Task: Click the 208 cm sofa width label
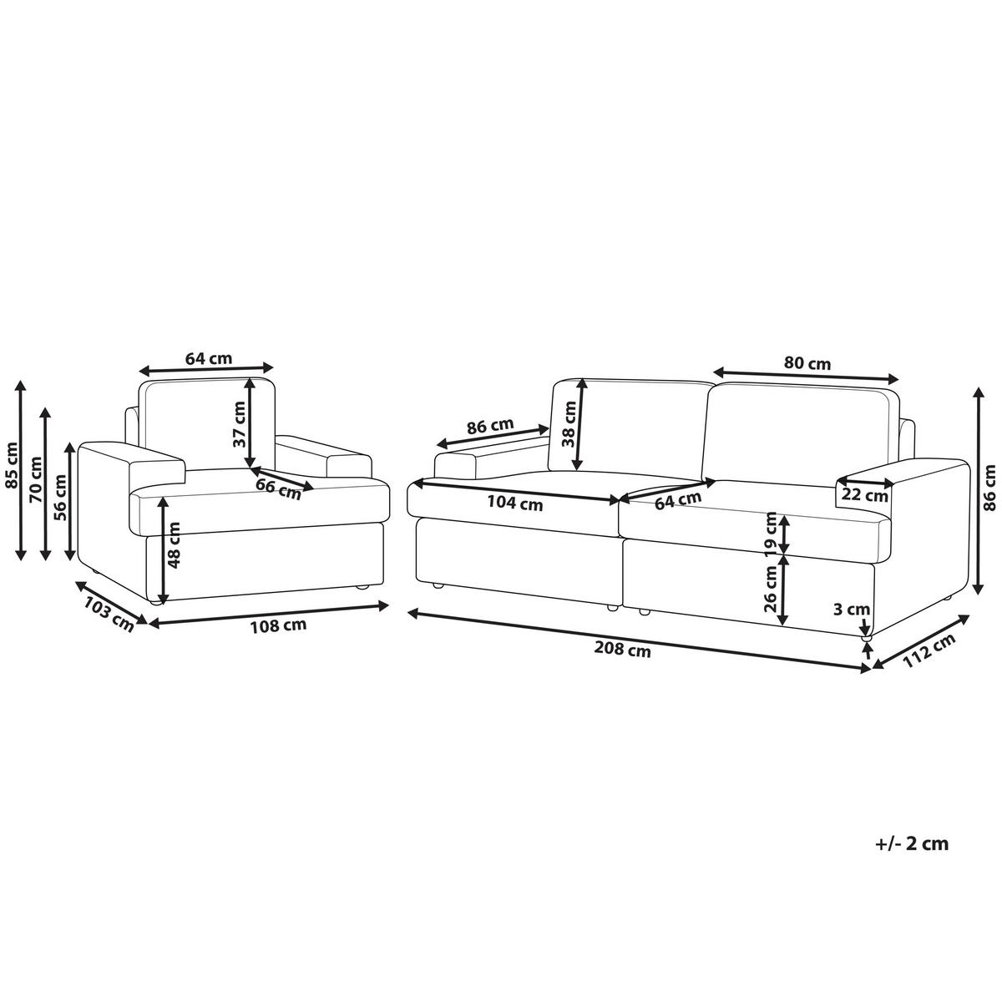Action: pyautogui.click(x=622, y=649)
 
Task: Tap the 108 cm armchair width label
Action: pyautogui.click(x=278, y=625)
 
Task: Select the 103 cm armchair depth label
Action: pyautogui.click(x=109, y=615)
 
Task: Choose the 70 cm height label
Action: pyautogui.click(x=36, y=479)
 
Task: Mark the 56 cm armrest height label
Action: pyautogui.click(x=60, y=498)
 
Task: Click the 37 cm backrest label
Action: pyautogui.click(x=239, y=424)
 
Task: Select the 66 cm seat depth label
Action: pyautogui.click(x=278, y=488)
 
